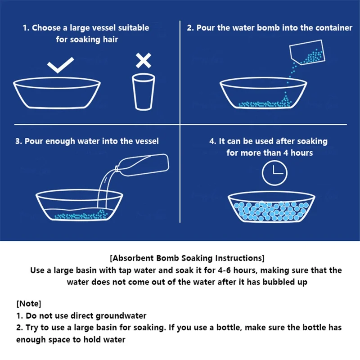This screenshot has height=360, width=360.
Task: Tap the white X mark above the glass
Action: pos(144,61)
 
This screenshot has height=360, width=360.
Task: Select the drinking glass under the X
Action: pos(144,92)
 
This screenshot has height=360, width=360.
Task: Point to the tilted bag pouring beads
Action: pos(307,52)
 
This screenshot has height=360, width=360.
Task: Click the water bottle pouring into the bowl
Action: pos(142,165)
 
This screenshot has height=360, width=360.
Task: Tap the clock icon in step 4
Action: pos(274,173)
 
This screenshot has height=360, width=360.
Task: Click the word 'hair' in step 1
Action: pos(110,40)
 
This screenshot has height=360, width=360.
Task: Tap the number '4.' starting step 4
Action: pos(212,141)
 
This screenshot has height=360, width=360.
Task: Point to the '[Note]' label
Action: pos(29,303)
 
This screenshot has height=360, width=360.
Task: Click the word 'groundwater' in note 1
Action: pos(121,316)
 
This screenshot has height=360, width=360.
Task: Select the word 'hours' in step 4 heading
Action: pos(301,153)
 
